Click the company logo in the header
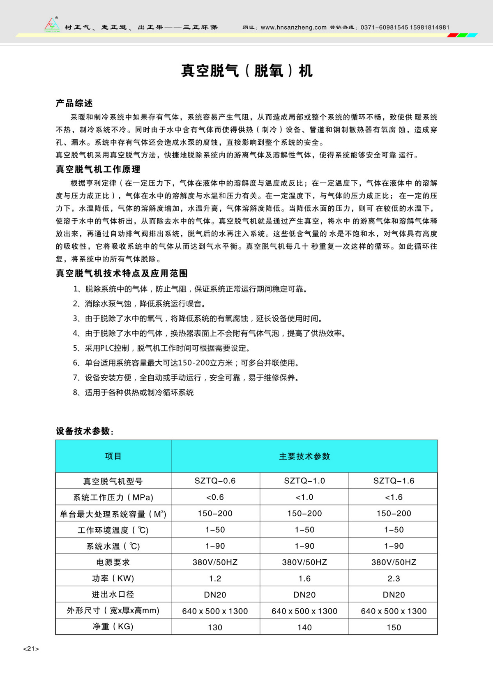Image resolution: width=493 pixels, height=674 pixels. click(52, 24)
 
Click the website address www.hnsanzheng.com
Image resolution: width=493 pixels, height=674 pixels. click(293, 28)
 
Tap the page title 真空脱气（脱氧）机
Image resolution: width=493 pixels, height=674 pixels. click(247, 71)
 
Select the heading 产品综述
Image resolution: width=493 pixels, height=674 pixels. click(74, 103)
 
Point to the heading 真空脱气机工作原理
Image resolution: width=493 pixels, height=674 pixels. click(98, 169)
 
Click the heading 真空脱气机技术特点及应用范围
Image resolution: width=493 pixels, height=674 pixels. click(122, 273)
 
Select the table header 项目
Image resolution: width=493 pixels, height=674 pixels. click(113, 456)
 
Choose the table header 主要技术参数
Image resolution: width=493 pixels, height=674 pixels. click(304, 456)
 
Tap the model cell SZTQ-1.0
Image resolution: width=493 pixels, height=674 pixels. click(304, 481)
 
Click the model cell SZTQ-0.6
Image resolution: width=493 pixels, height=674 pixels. click(215, 481)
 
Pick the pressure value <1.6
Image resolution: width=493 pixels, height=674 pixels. click(394, 497)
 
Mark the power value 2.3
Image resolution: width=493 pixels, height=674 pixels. click(394, 579)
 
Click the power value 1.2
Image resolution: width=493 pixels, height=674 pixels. click(215, 579)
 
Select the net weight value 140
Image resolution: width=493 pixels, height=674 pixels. click(304, 627)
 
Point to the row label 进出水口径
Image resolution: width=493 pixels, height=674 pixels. click(113, 595)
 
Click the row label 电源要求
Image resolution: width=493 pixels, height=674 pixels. click(113, 562)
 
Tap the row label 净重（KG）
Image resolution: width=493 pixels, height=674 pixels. click(113, 627)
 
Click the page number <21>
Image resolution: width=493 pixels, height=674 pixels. click(31, 649)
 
